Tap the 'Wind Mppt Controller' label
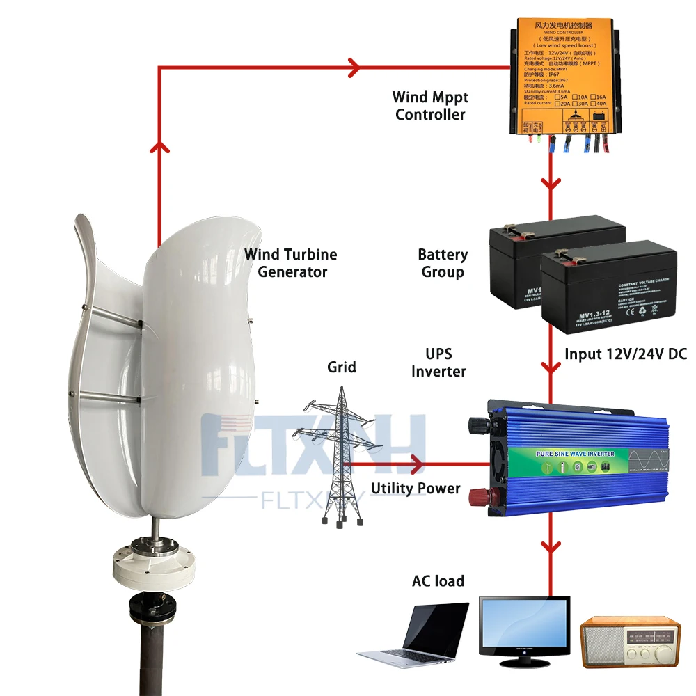[430, 106]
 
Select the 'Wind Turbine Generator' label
[291, 263]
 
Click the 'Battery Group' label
[443, 263]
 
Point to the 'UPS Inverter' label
[438, 363]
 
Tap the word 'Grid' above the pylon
[342, 367]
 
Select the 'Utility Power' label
[416, 489]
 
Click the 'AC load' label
[438, 580]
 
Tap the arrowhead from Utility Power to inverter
[417, 463]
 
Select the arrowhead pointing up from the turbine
[159, 144]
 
